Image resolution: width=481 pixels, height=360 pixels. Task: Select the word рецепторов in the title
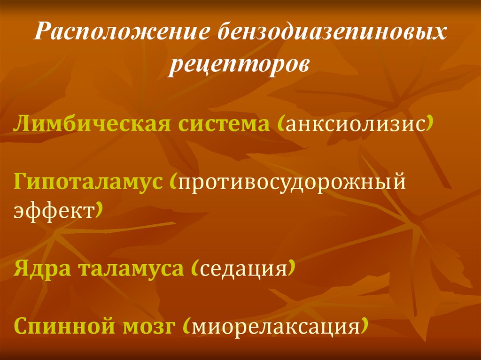tap(240, 64)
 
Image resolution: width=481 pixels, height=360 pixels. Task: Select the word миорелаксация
tap(275, 327)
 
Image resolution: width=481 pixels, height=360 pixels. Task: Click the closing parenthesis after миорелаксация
tap(364, 327)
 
